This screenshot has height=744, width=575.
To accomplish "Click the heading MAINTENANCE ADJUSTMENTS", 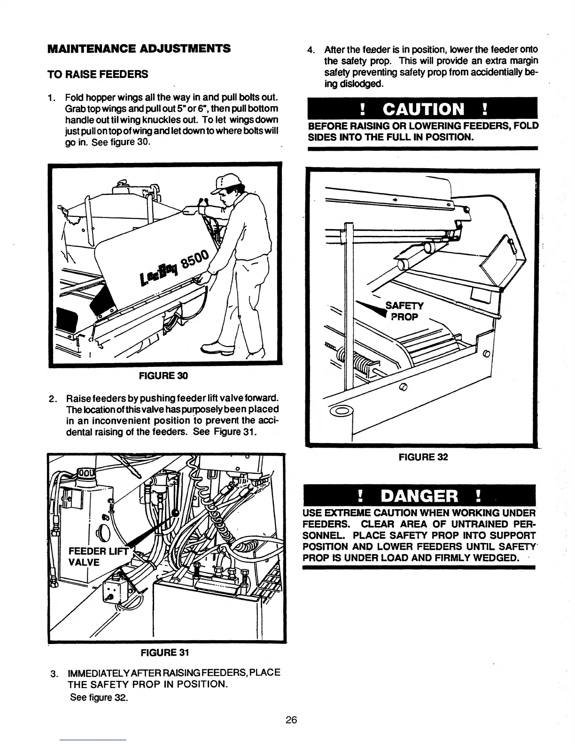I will (x=139, y=48).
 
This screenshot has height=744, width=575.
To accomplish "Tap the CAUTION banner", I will (x=422, y=109).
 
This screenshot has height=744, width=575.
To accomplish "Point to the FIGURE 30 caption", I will (x=163, y=375).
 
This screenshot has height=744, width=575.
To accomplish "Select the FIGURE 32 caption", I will (x=423, y=457).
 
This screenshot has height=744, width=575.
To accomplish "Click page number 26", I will (x=291, y=720).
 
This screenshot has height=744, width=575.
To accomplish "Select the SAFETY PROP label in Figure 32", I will (x=404, y=311).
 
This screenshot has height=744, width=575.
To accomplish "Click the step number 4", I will (x=310, y=50).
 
